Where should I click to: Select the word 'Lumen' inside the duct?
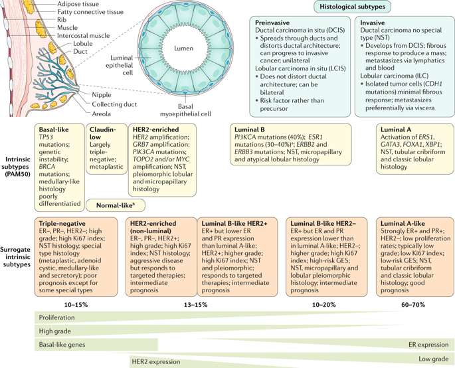[x=183, y=49]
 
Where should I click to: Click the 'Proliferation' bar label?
[x=57, y=318]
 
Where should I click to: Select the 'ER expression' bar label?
[x=428, y=345]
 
